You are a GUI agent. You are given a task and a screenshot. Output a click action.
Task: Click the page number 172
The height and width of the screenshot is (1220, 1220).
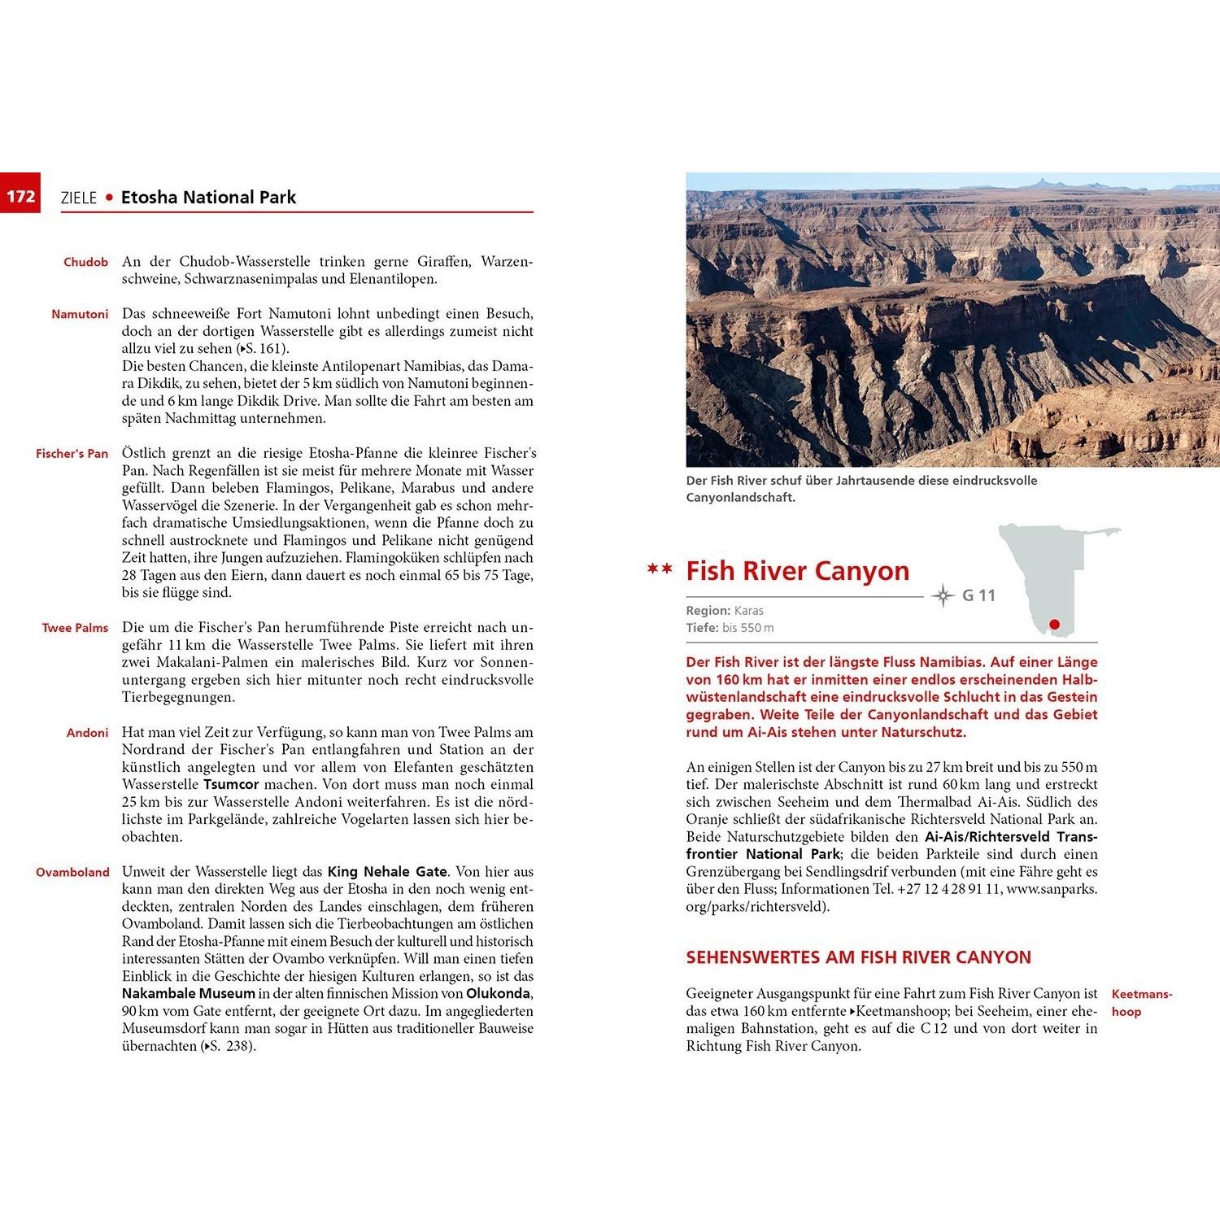[21, 196]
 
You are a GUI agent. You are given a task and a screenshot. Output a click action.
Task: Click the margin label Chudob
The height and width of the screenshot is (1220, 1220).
[85, 262]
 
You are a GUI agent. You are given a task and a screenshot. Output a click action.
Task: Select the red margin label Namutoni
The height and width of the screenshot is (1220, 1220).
[80, 314]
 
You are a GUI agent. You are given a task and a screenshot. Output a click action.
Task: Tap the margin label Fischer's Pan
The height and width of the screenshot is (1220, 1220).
[72, 453]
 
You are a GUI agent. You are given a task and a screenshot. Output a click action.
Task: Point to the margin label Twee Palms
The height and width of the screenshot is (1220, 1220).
[75, 628]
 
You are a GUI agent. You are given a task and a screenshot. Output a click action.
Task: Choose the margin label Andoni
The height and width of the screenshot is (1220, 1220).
[87, 733]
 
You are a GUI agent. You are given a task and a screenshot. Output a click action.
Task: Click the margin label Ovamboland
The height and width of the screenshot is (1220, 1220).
[72, 872]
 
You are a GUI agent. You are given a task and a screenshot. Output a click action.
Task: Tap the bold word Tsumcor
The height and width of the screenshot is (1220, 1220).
[231, 785]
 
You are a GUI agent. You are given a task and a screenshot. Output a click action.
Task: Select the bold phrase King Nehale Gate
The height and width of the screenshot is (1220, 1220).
[387, 872]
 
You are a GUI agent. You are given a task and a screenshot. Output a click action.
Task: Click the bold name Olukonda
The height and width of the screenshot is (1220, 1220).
[498, 994]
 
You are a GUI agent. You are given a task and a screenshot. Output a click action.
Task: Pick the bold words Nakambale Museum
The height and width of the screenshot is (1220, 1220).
[189, 994]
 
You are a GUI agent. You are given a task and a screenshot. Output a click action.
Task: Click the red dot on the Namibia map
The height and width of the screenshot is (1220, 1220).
[1055, 625]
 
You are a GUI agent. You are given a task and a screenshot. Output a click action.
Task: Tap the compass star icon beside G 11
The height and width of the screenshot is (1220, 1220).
[943, 595]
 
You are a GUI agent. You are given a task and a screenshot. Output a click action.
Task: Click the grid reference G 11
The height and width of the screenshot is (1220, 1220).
[978, 595]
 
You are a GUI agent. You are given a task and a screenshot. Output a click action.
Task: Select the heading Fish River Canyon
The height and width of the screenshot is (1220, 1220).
[797, 571]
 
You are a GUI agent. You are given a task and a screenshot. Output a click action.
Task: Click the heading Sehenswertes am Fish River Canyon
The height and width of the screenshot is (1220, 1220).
[858, 957]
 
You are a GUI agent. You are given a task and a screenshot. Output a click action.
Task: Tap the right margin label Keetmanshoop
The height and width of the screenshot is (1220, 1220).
[1141, 1003]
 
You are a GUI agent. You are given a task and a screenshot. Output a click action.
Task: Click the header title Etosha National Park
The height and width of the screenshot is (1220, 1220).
[208, 198]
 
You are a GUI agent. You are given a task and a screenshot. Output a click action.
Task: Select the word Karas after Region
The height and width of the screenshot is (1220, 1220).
[748, 611]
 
